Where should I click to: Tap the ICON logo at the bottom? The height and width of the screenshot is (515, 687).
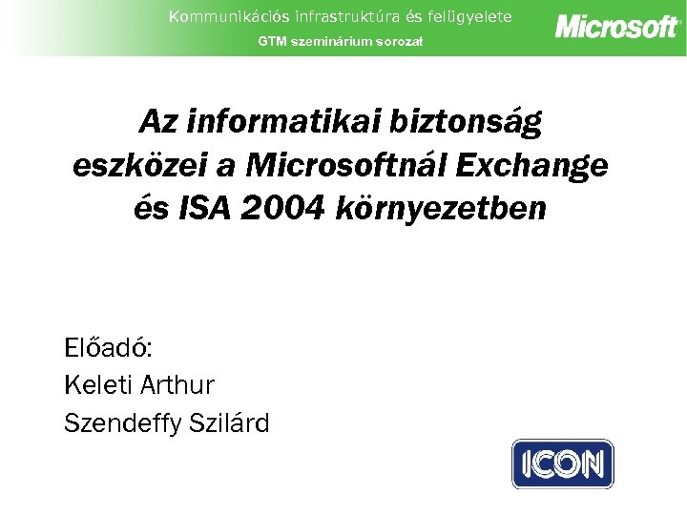pos(563,464)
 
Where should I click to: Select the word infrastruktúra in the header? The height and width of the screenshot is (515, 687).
pos(313,16)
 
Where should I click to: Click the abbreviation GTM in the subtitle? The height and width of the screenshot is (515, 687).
pos(273,42)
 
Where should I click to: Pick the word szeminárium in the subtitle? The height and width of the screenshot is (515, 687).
pos(333,42)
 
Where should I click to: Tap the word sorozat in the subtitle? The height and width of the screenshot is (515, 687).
pos(399,42)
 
